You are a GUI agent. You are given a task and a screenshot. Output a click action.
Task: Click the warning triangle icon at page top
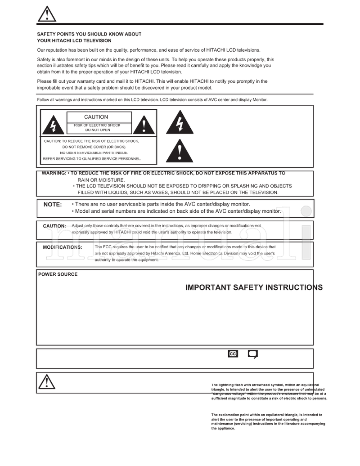(x=47, y=14)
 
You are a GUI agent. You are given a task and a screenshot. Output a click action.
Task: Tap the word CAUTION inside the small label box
(x=96, y=117)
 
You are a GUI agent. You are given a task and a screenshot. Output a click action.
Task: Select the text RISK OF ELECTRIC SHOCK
(x=98, y=125)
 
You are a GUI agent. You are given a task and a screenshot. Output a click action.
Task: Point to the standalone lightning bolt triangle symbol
(x=180, y=123)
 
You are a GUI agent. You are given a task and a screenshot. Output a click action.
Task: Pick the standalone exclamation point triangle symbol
(x=180, y=151)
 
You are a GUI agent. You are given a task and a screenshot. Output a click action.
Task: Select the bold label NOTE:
(x=53, y=205)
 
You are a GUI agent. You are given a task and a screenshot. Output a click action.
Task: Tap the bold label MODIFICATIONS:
(x=63, y=247)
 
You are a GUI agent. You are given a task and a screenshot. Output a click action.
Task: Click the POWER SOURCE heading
(x=58, y=274)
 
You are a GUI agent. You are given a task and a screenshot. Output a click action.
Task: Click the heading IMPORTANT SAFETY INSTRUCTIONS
(x=254, y=288)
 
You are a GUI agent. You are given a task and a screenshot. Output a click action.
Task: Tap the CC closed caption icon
(x=233, y=354)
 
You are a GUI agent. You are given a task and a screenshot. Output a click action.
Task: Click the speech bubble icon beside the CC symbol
(x=253, y=354)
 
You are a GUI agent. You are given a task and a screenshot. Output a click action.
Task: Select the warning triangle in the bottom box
(x=47, y=382)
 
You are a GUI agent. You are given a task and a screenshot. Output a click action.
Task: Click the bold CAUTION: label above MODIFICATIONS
(x=54, y=226)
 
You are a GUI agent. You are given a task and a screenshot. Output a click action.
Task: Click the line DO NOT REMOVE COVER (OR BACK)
(x=94, y=147)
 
